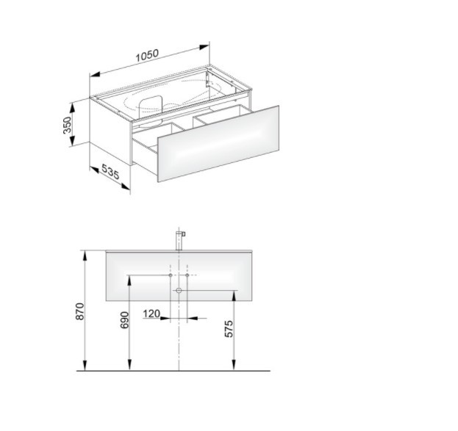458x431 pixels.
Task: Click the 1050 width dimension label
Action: click(147, 56)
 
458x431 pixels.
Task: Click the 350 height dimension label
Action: click(67, 125)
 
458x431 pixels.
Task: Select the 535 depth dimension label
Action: click(110, 172)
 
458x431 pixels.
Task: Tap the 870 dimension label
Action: click(79, 311)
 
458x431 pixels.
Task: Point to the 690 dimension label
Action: click(125, 320)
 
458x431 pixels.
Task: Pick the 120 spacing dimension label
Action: click(151, 314)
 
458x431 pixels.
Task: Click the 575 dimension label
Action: click(229, 329)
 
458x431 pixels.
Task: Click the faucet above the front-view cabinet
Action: click(180, 240)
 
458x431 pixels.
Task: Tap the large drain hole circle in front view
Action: click(179, 290)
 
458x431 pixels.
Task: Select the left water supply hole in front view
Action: click(171, 275)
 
